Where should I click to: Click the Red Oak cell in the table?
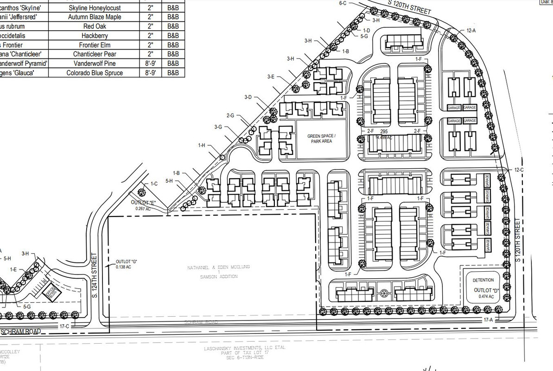pyautogui.click(x=95, y=26)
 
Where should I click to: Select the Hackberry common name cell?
pyautogui.click(x=95, y=35)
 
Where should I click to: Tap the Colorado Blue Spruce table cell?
pyautogui.click(x=95, y=73)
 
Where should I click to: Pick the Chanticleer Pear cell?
pyautogui.click(x=95, y=54)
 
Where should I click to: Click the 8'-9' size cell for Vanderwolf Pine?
pyautogui.click(x=150, y=63)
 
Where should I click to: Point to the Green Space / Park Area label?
pyautogui.click(x=321, y=138)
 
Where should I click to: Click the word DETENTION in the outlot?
pyautogui.click(x=483, y=281)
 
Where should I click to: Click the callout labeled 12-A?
pyautogui.click(x=471, y=30)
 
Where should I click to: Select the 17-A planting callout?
pyautogui.click(x=487, y=320)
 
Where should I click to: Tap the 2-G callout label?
pyautogui.click(x=230, y=115)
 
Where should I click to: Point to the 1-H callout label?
pyautogui.click(x=201, y=145)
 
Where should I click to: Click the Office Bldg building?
pyautogui.click(x=50, y=293)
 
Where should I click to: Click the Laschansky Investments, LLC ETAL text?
pyautogui.click(x=245, y=347)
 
